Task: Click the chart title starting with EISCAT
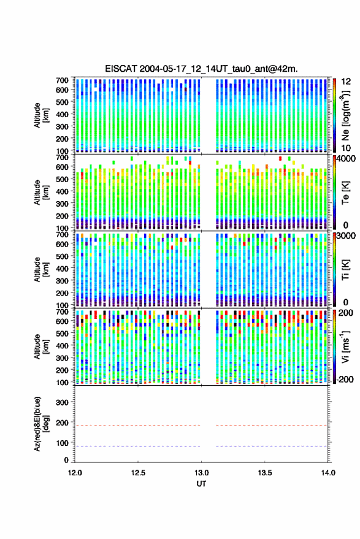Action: [x=202, y=69]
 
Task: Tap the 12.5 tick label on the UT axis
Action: [x=138, y=473]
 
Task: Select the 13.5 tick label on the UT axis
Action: [x=265, y=473]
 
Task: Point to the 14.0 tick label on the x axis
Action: [x=328, y=473]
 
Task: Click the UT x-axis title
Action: [x=201, y=484]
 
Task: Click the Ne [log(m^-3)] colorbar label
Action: [x=346, y=115]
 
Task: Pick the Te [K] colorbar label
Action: [x=345, y=193]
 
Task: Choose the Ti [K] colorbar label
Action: [x=345, y=270]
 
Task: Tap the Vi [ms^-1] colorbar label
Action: [x=345, y=346]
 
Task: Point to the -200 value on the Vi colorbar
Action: [x=344, y=379]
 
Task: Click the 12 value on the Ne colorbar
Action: [x=346, y=82]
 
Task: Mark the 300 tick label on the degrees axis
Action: [x=62, y=402]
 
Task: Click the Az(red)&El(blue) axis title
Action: [x=40, y=424]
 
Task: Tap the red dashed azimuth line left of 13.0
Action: [x=137, y=426]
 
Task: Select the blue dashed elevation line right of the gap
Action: [x=272, y=446]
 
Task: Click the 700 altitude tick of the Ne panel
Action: [x=62, y=80]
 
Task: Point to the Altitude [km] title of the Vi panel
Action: [x=42, y=346]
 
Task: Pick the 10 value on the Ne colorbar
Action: [x=346, y=148]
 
